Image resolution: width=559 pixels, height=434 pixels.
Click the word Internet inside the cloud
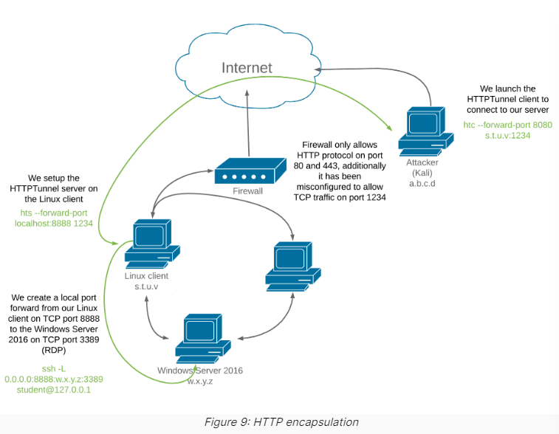pos(247,68)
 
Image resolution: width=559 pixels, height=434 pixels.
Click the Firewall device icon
pos(250,173)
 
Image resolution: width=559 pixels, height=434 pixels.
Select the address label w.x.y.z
pos(199,381)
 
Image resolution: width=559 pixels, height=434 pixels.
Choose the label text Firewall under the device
pos(248,191)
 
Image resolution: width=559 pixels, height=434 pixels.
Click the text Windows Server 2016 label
pos(199,371)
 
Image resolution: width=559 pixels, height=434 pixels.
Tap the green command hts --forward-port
pos(53,212)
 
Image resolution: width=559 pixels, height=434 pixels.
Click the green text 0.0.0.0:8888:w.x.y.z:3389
pos(53,379)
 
